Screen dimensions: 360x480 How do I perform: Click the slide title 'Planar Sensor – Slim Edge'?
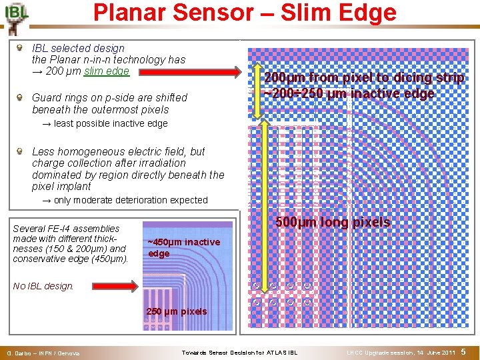[245, 13]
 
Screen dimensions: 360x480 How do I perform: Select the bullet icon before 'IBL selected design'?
[21, 48]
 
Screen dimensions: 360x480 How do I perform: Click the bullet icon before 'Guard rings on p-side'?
[21, 97]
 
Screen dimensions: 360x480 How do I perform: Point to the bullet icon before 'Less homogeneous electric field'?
[21, 151]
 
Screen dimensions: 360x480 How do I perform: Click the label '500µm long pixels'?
[333, 223]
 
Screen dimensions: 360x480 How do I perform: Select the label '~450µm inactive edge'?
[183, 247]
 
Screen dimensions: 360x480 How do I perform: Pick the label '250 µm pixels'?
[177, 311]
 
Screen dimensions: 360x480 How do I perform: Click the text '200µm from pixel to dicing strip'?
[364, 78]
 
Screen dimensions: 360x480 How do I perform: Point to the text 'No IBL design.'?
[43, 286]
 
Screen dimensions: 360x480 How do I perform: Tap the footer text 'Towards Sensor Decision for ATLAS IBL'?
[240, 352]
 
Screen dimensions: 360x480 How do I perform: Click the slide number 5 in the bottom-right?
[463, 351]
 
